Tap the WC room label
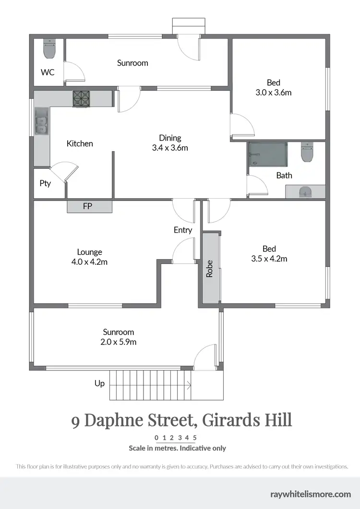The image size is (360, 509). click(x=48, y=72)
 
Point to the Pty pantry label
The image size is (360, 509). click(x=45, y=183)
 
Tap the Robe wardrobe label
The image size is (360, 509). click(x=210, y=269)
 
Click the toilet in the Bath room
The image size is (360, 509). click(x=306, y=153)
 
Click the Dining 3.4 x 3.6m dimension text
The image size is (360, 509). click(x=170, y=148)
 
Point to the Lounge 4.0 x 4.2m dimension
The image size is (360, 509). click(x=89, y=262)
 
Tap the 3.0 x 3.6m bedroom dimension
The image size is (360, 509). click(x=274, y=93)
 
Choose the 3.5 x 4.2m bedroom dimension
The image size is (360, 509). click(x=269, y=259)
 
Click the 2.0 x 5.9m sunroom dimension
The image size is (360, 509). click(x=119, y=342)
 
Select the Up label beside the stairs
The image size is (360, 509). click(x=99, y=383)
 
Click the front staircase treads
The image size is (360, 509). click(x=151, y=385)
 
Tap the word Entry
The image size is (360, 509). click(x=183, y=230)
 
